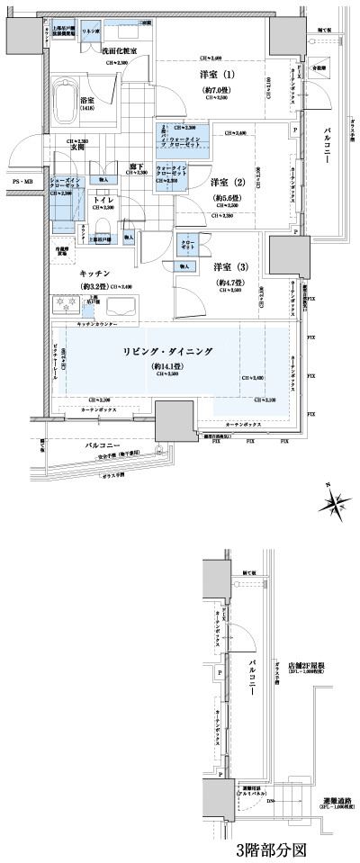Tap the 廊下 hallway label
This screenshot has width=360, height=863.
137,165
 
